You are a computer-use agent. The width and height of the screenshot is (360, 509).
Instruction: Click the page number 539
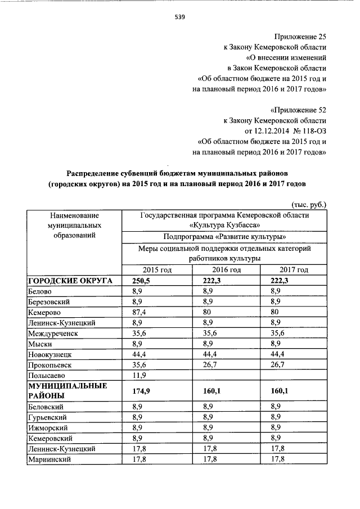point(179,17)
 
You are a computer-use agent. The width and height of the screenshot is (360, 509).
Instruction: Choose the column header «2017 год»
point(294,270)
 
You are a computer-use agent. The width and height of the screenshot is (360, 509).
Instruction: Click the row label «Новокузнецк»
point(51,354)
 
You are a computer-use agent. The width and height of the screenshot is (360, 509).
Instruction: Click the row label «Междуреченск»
point(54,333)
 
